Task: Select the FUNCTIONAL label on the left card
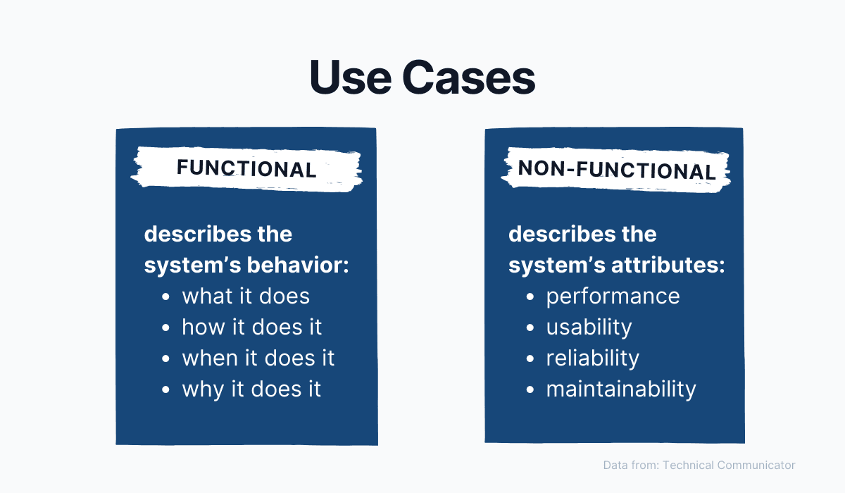point(246,169)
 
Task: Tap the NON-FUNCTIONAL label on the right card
point(616,170)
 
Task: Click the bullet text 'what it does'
point(246,296)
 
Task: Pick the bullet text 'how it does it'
point(251,327)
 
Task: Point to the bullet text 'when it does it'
point(258,358)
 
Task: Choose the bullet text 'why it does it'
point(251,389)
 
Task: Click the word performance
point(613,297)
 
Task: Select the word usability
point(589,327)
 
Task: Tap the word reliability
point(592,358)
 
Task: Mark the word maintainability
point(620,389)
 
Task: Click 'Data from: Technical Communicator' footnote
point(699,465)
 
